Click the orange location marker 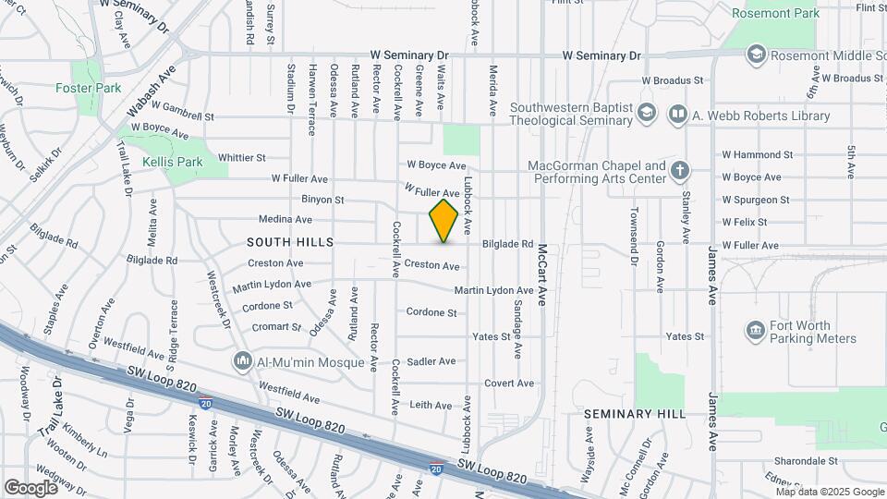pyautogui.click(x=443, y=220)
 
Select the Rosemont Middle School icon pyautogui.click(x=757, y=54)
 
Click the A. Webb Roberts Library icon pyautogui.click(x=679, y=115)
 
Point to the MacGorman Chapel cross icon pyautogui.click(x=680, y=170)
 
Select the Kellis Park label pyautogui.click(x=172, y=162)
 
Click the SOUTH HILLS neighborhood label pyautogui.click(x=289, y=241)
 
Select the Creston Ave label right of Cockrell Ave pyautogui.click(x=431, y=266)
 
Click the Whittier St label pyautogui.click(x=241, y=158)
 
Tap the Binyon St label pyautogui.click(x=322, y=200)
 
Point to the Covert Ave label pyautogui.click(x=509, y=383)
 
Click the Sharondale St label pyautogui.click(x=806, y=460)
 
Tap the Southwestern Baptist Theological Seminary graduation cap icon pyautogui.click(x=647, y=115)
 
